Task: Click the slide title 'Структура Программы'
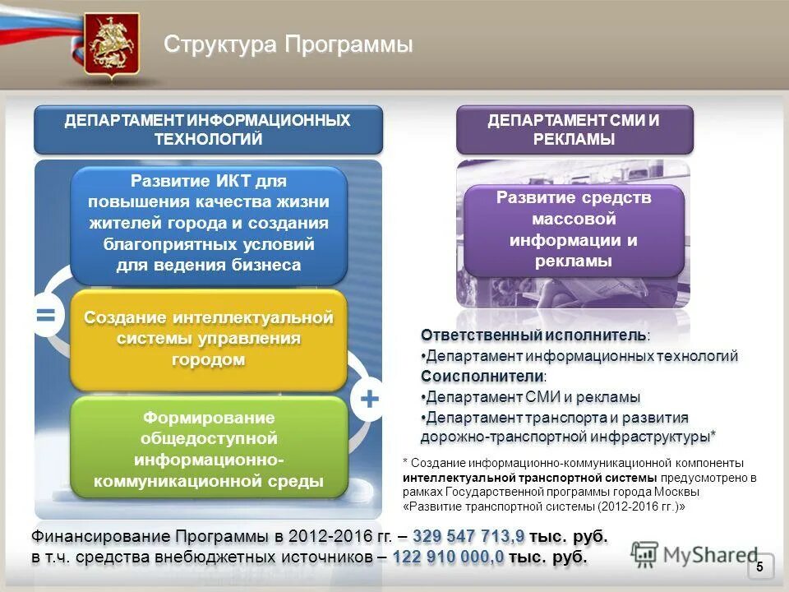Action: click(288, 44)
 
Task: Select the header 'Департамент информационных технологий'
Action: click(208, 130)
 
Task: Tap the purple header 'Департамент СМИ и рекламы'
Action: click(574, 130)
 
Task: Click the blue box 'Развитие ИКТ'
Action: click(208, 224)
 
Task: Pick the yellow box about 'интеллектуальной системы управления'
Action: click(208, 339)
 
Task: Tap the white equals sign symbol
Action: click(46, 316)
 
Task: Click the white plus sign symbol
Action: click(369, 400)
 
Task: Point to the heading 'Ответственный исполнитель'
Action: click(534, 335)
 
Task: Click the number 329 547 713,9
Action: click(468, 537)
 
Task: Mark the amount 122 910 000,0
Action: click(448, 557)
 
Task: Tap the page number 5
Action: click(759, 567)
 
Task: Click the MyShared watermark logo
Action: click(694, 555)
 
